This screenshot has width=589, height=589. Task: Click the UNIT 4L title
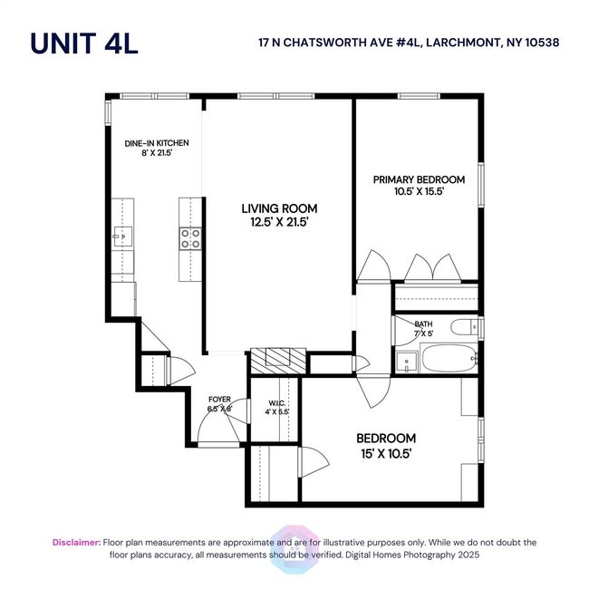tap(84, 43)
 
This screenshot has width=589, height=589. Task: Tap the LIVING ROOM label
tap(279, 208)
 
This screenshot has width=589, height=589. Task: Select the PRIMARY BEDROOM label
tap(419, 179)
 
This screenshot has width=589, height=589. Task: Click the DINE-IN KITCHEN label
tap(157, 143)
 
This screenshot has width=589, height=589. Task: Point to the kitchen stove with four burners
tap(190, 238)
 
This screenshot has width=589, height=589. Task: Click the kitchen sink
tap(123, 237)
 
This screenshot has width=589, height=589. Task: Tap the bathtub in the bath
tap(449, 358)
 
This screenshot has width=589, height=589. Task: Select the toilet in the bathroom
tap(464, 327)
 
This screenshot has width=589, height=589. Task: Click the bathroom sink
tap(407, 362)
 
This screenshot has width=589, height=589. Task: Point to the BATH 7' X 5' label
tap(423, 328)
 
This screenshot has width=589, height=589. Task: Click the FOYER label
tap(219, 400)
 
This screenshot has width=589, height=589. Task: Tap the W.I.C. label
tap(276, 403)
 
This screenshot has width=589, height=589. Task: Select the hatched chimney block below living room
tap(278, 362)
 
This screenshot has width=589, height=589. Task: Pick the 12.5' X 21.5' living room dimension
tap(279, 222)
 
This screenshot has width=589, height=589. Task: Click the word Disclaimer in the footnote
tap(77, 543)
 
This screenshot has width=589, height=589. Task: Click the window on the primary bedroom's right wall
tap(481, 185)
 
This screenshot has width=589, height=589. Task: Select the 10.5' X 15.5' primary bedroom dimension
tap(420, 191)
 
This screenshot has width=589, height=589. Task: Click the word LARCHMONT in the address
tap(464, 43)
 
